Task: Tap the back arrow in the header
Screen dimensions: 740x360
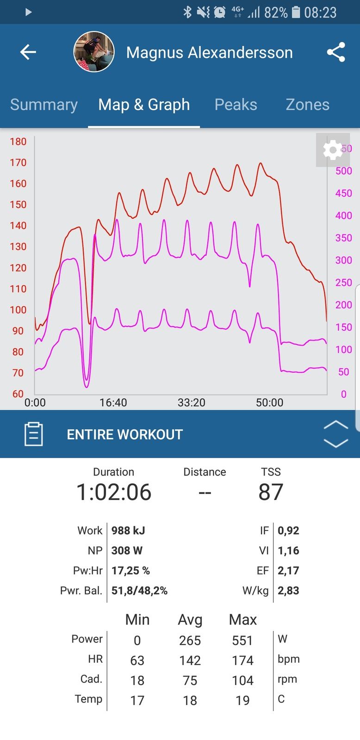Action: pyautogui.click(x=28, y=52)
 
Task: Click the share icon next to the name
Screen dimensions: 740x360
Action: pyautogui.click(x=336, y=52)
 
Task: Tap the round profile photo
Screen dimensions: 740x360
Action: pyautogui.click(x=94, y=52)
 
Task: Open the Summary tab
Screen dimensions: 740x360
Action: pyautogui.click(x=44, y=105)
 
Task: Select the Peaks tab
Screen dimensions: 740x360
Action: pyautogui.click(x=236, y=105)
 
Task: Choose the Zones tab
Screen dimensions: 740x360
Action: pyautogui.click(x=307, y=105)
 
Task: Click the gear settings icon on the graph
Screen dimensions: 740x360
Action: pyautogui.click(x=332, y=150)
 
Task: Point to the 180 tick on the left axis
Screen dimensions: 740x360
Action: pyautogui.click(x=18, y=142)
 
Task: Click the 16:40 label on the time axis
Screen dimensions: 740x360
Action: pyautogui.click(x=113, y=402)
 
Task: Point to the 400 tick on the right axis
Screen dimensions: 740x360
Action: pyautogui.click(x=344, y=216)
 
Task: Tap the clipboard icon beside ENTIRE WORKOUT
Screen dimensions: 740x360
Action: pyautogui.click(x=33, y=434)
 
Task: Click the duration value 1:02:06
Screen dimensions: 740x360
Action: pyautogui.click(x=114, y=492)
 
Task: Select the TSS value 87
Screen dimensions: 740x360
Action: pyautogui.click(x=271, y=492)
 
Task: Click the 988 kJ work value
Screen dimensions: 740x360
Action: pyautogui.click(x=128, y=530)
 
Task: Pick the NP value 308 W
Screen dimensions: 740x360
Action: pyautogui.click(x=127, y=550)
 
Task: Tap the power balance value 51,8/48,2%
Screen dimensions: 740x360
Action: pyautogui.click(x=139, y=591)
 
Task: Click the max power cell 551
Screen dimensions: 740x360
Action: pyautogui.click(x=242, y=641)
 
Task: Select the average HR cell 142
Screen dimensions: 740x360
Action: pyautogui.click(x=190, y=660)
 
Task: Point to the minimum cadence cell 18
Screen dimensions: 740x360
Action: pyautogui.click(x=137, y=680)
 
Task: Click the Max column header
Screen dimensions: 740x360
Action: pyautogui.click(x=242, y=619)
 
